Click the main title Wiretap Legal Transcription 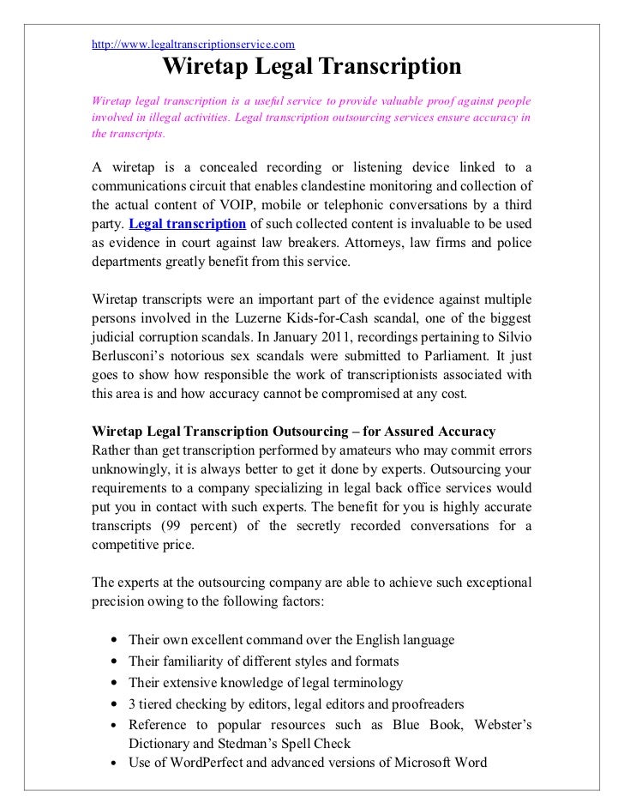tap(312, 67)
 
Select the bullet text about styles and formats tap(263, 661)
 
